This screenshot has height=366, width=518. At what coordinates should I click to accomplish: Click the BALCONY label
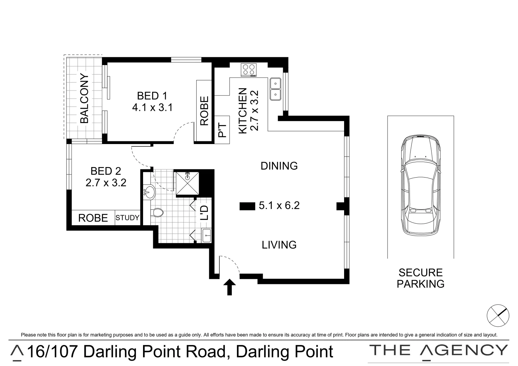(84, 99)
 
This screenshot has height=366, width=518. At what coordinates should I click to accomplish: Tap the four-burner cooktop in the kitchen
(249, 70)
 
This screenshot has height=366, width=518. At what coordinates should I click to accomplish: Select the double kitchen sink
(275, 89)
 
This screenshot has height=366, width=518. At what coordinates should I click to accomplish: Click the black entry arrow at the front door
(230, 287)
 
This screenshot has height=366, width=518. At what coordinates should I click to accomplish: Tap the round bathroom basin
(148, 192)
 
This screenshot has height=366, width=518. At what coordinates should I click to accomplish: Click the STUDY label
(127, 218)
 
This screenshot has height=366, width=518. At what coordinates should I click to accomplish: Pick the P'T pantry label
(222, 130)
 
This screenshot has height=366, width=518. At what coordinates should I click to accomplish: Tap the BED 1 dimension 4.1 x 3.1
(152, 108)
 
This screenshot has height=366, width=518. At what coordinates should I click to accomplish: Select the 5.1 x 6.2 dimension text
(279, 206)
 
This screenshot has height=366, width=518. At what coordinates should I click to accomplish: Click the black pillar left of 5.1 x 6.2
(247, 206)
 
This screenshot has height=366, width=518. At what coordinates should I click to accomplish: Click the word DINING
(279, 166)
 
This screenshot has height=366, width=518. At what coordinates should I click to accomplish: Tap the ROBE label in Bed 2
(93, 218)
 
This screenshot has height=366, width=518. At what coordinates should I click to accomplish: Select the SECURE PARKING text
(420, 278)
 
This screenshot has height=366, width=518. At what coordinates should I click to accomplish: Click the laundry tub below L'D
(206, 235)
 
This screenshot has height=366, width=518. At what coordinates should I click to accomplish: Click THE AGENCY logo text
(439, 350)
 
